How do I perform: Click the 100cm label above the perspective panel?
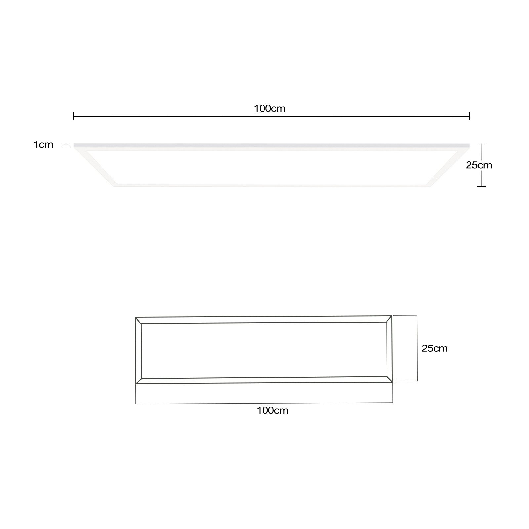pos(269,108)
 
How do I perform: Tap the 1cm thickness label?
pos(43,144)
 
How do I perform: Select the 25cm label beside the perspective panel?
pos(479,165)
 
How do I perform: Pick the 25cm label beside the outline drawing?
pos(434,348)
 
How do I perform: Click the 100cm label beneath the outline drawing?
pos(272,410)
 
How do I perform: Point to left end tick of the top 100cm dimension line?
pos(74,116)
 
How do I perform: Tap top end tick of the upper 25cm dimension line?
pos(481,143)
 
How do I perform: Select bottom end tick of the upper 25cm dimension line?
pos(481,187)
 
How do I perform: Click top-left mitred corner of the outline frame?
pos(138,320)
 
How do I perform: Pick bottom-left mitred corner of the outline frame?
pos(139,381)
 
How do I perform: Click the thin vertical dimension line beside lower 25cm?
pos(417,348)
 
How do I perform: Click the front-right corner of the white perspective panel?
pos(430,186)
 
